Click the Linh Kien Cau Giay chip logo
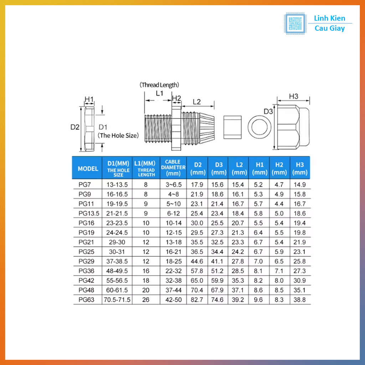(x=295, y=24)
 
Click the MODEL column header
(x=88, y=169)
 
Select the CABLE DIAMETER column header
(x=173, y=168)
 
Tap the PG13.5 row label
(x=89, y=213)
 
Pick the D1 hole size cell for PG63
(x=117, y=299)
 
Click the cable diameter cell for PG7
(x=174, y=185)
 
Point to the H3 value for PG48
(x=299, y=290)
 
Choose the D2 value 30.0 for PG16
(x=197, y=223)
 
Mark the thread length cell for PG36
(x=146, y=271)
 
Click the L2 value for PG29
(x=238, y=261)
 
